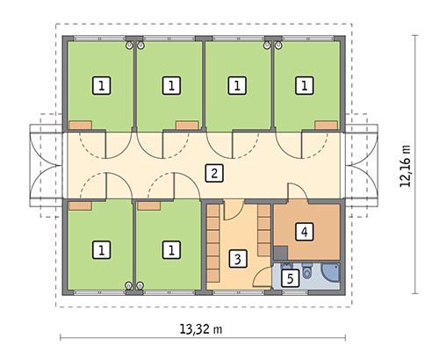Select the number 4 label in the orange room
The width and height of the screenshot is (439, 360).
(x=303, y=232)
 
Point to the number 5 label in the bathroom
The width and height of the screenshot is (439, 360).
(x=290, y=278)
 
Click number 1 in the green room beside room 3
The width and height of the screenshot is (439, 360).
(x=169, y=250)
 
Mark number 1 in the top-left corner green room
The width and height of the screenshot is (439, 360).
(x=102, y=85)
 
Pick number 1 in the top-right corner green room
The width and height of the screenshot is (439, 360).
(x=304, y=85)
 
